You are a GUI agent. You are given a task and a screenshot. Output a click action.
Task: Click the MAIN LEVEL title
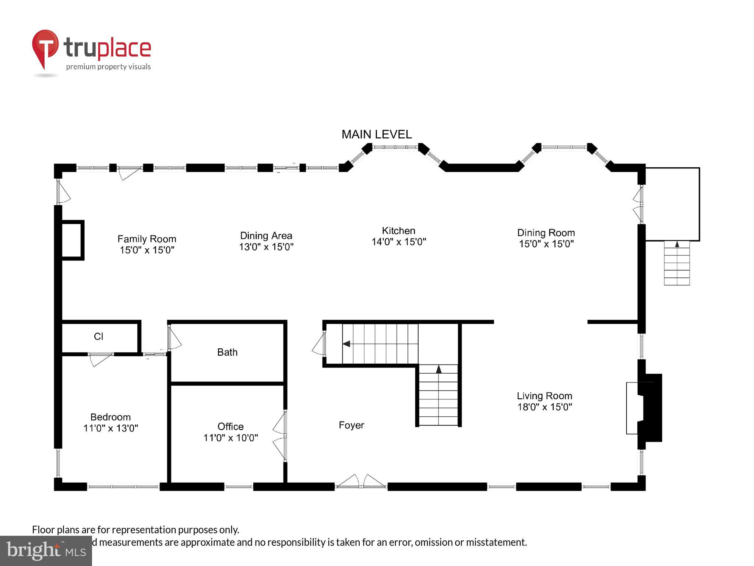(x=376, y=134)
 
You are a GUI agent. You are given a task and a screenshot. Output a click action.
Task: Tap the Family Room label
(x=147, y=239)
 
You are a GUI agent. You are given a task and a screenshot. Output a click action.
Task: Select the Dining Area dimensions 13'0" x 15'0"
(x=266, y=247)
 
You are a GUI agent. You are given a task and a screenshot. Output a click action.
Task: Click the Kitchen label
(x=398, y=231)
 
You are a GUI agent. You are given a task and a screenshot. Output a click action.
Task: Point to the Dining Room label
(x=546, y=233)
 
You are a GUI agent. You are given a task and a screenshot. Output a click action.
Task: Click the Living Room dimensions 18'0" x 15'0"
(x=545, y=407)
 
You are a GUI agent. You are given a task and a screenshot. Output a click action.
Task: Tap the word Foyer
(x=351, y=425)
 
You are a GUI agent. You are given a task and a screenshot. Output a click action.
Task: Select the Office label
(x=230, y=426)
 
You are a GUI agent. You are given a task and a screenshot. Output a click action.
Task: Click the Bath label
(x=227, y=352)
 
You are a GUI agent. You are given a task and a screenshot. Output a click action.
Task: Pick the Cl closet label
(x=98, y=336)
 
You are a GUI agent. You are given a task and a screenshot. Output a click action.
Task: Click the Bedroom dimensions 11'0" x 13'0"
(x=110, y=428)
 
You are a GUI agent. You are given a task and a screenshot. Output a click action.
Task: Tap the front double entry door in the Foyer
(x=361, y=482)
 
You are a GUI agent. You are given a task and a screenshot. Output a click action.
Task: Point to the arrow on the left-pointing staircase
(x=346, y=344)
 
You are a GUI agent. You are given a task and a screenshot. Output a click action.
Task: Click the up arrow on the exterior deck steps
(x=677, y=244)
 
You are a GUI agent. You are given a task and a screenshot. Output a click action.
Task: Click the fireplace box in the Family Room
(x=72, y=240)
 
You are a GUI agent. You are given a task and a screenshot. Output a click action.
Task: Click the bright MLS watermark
(x=46, y=551)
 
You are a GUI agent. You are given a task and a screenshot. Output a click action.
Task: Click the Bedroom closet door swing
(x=99, y=359)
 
